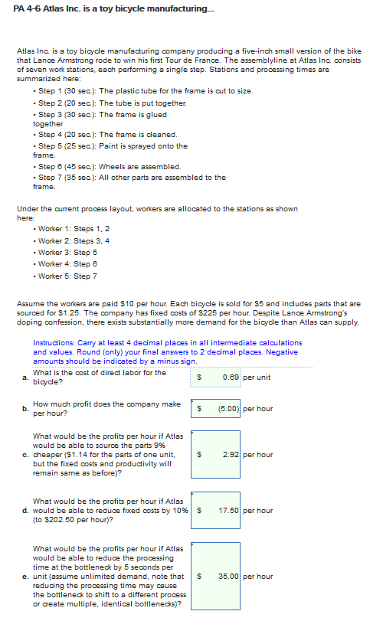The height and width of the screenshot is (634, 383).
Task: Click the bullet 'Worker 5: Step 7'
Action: tap(67, 276)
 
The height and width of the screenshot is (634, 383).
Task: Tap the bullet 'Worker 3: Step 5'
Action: tap(67, 252)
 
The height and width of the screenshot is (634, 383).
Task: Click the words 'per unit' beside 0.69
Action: tap(257, 377)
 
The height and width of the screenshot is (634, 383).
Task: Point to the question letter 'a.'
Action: tap(27, 377)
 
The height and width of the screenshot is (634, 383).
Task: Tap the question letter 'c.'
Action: tap(27, 455)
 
